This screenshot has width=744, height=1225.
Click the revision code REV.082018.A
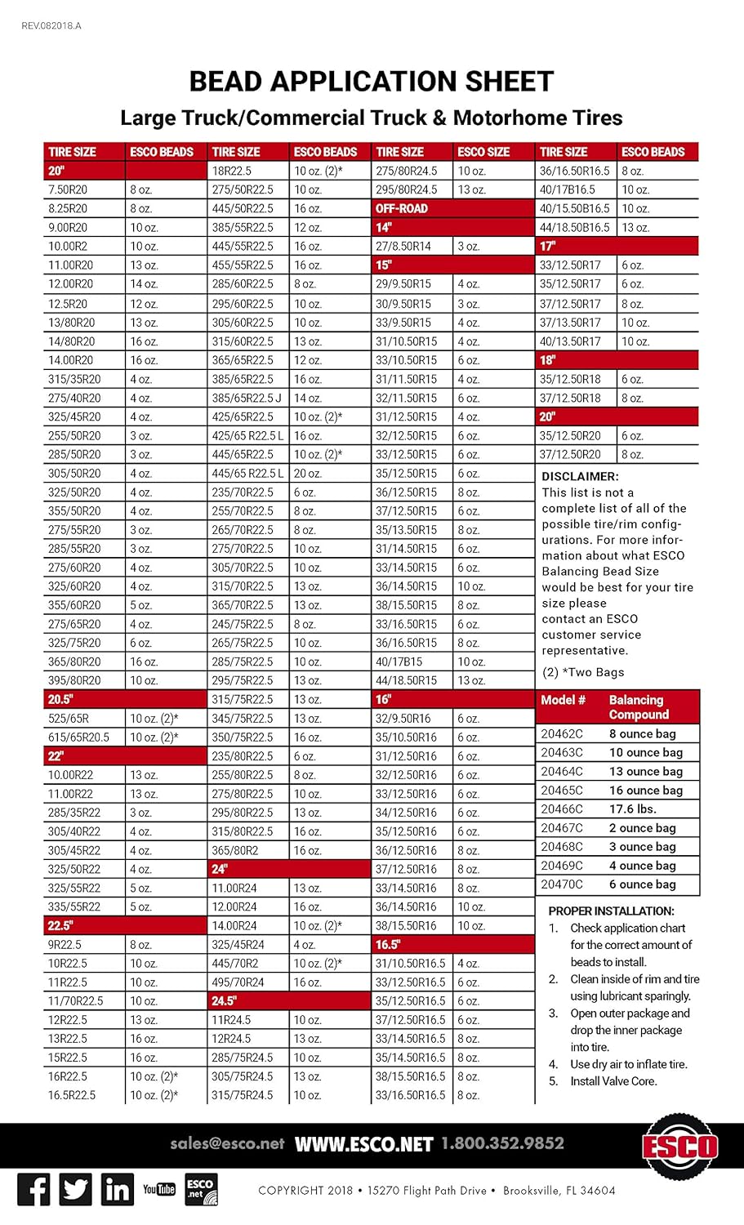pyautogui.click(x=51, y=26)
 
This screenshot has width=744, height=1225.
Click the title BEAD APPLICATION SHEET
pyautogui.click(x=372, y=82)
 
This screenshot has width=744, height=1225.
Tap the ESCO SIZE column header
pyautogui.click(x=483, y=152)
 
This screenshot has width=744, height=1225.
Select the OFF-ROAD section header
pyautogui.click(x=402, y=208)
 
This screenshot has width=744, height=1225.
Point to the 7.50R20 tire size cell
pyautogui.click(x=68, y=189)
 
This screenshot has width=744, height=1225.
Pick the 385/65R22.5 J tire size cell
pyautogui.click(x=247, y=398)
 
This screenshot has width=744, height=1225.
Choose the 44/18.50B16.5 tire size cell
pyautogui.click(x=574, y=227)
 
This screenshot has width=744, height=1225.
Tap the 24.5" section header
pyautogui.click(x=224, y=1001)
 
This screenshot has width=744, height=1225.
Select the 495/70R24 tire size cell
pyautogui.click(x=238, y=982)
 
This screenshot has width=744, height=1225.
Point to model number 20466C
pyautogui.click(x=562, y=809)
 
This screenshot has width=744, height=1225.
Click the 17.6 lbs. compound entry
pyautogui.click(x=633, y=809)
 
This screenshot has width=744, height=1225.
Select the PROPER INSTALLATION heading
pyautogui.click(x=611, y=911)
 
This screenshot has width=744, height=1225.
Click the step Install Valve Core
pyautogui.click(x=613, y=1081)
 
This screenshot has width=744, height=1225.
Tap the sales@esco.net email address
pyautogui.click(x=227, y=1144)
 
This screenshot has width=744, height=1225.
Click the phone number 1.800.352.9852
pyautogui.click(x=502, y=1144)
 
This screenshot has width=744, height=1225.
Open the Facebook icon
pyautogui.click(x=33, y=1190)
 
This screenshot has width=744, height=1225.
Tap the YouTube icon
pyautogui.click(x=159, y=1189)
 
